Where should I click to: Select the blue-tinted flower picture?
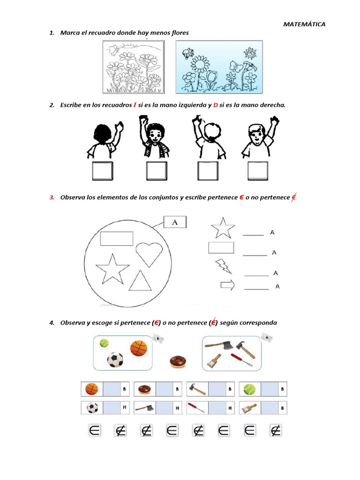click(x=219, y=67)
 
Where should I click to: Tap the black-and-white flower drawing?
click(x=133, y=67)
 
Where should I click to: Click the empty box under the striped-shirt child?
click(x=154, y=171)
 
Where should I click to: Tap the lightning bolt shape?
click(x=223, y=266)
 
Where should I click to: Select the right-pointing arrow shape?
click(x=227, y=285)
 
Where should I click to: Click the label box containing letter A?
click(x=175, y=223)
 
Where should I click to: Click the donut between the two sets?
click(x=178, y=361)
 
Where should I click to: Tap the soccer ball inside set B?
click(x=115, y=360)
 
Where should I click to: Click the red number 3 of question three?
click(x=52, y=197)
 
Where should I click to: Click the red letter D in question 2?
click(x=216, y=105)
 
